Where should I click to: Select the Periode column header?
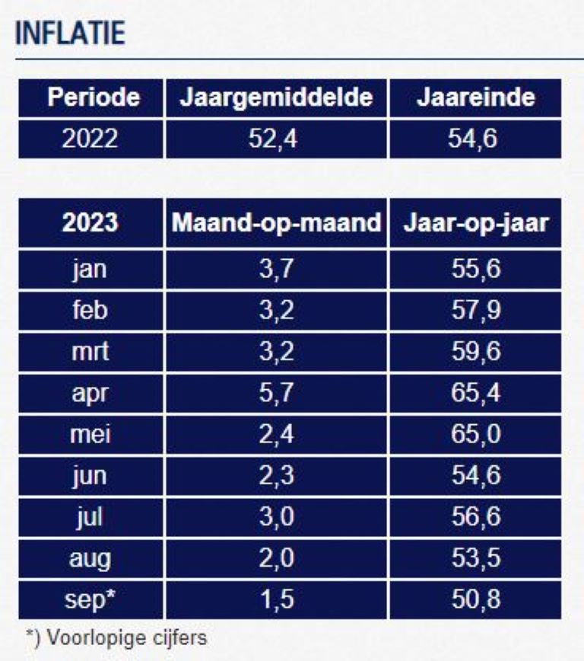coord(90,97)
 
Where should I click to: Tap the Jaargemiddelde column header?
coord(277,97)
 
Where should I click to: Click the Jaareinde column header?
coord(475,97)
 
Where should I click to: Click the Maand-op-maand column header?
coord(277,223)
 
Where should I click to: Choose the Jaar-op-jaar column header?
coord(475,223)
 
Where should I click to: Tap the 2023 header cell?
coord(90,223)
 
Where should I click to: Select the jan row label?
coord(90,270)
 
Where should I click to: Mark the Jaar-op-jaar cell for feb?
coord(475,311)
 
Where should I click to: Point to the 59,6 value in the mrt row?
coord(475,352)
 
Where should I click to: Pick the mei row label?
coord(90,434)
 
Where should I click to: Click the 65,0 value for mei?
coord(475,434)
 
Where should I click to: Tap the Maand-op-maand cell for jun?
coord(277,475)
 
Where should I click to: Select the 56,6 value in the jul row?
coord(475,517)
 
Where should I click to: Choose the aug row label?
coord(90,558)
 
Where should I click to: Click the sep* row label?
coord(90,599)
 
